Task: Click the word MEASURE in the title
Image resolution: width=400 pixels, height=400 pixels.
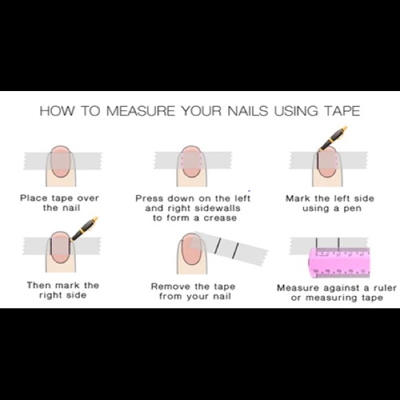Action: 141,111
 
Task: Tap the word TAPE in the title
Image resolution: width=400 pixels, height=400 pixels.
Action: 342,111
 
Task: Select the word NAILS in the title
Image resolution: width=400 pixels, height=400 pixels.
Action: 248,111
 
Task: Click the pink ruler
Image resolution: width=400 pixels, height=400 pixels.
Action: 339,263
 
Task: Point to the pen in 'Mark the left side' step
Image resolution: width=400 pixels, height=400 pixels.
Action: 333,138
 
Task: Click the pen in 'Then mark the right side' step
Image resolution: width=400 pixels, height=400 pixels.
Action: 84,228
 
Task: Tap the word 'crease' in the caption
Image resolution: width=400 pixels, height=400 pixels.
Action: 220,218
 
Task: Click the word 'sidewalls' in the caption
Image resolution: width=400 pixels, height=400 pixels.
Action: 217,208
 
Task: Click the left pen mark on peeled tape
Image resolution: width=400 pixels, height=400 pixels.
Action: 218,246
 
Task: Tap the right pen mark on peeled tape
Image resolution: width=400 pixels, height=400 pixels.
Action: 236,250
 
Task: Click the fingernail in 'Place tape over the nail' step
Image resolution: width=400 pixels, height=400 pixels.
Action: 61,161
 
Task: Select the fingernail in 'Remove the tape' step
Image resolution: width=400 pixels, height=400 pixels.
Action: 191,248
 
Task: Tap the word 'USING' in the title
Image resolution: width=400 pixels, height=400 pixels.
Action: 296,111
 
